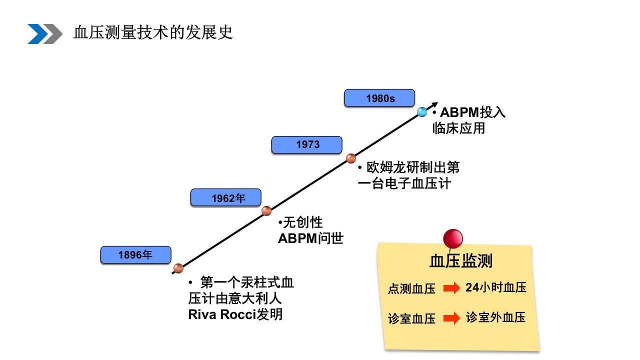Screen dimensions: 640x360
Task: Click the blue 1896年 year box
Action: (x=135, y=255)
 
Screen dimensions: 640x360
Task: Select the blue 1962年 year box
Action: (x=225, y=197)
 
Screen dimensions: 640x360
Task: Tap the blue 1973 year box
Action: (x=307, y=145)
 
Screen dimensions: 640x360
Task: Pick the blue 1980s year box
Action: (x=379, y=98)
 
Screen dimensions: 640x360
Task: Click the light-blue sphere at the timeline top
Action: (x=422, y=112)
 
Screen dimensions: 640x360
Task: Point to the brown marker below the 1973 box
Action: (x=351, y=158)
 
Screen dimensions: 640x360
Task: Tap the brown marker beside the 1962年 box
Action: (x=266, y=211)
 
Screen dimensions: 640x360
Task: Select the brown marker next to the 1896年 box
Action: (x=178, y=268)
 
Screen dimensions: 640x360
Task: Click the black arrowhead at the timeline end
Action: (x=434, y=104)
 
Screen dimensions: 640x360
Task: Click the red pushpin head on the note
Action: (x=453, y=238)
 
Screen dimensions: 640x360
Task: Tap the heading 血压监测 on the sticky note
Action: (x=461, y=261)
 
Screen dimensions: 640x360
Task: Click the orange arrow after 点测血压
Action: (x=451, y=288)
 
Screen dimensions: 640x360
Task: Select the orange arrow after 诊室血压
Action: (x=451, y=318)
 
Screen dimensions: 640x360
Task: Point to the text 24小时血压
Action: (x=496, y=287)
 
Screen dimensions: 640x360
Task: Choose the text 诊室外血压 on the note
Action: (x=495, y=317)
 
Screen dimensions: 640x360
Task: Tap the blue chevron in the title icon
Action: (x=37, y=34)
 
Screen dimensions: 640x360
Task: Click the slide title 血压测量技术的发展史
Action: (x=153, y=32)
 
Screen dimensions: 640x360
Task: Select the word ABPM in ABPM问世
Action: (x=297, y=239)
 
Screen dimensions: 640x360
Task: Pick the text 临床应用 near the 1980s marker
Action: (x=458, y=128)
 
